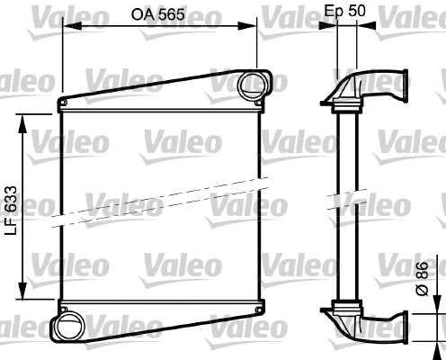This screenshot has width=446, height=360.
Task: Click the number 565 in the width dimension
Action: [169, 13]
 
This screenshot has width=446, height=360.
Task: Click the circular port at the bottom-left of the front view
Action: [67, 322]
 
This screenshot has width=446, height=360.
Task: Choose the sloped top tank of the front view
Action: [153, 92]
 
